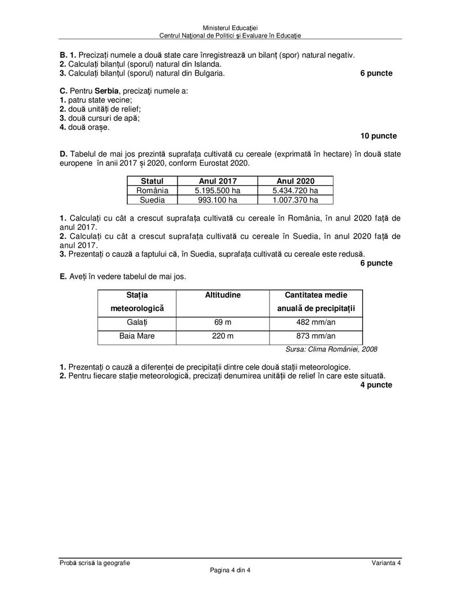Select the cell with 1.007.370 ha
pyautogui.click(x=295, y=200)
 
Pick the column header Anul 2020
pyautogui.click(x=295, y=181)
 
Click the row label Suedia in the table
pyautogui.click(x=152, y=200)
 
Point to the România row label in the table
pyautogui.click(x=152, y=190)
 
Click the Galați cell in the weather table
pyautogui.click(x=137, y=323)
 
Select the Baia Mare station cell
pyautogui.click(x=137, y=337)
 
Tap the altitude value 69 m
pyautogui.click(x=223, y=323)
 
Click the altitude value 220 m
pyautogui.click(x=223, y=337)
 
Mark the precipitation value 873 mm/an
pyautogui.click(x=316, y=337)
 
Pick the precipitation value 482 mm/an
pyautogui.click(x=316, y=323)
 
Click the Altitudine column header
pyautogui.click(x=223, y=295)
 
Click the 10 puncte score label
pyautogui.click(x=378, y=136)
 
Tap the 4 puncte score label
pyautogui.click(x=376, y=385)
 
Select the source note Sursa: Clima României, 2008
pyautogui.click(x=331, y=350)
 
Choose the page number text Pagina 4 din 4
pyautogui.click(x=231, y=571)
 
